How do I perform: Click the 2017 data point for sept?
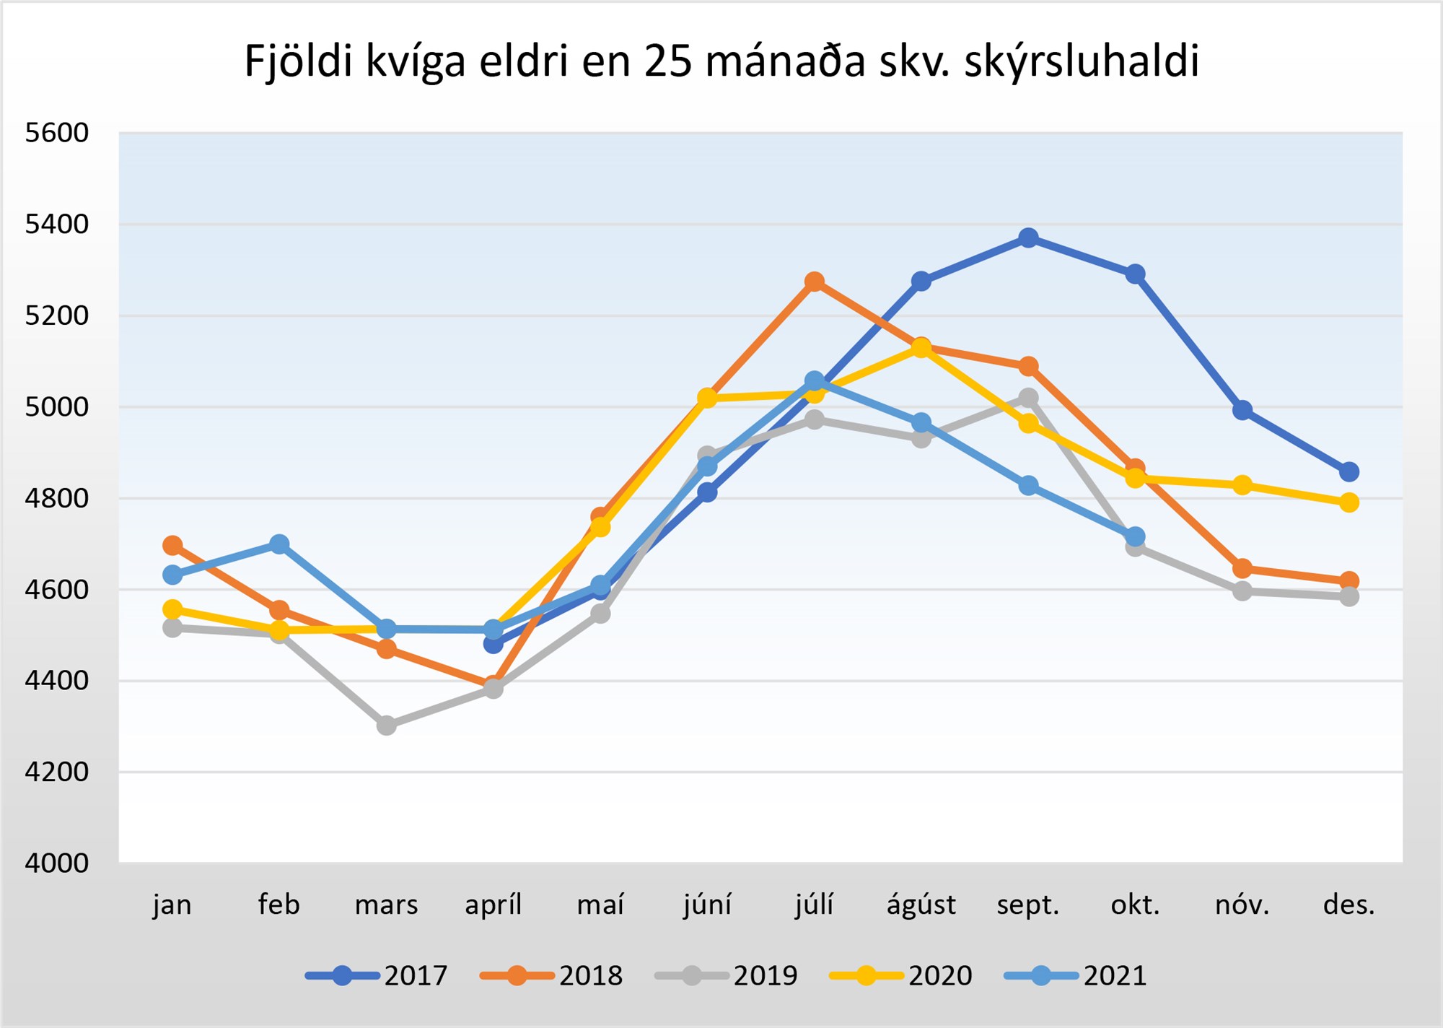[1028, 238]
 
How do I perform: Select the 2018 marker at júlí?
[815, 281]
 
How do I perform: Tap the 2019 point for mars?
[387, 725]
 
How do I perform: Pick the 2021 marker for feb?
[279, 544]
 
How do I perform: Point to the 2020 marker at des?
[1349, 502]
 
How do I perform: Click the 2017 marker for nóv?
[1242, 410]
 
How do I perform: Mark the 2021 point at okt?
[1135, 536]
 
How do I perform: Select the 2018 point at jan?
[172, 545]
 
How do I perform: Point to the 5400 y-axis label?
[56, 225]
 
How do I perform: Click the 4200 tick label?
[56, 772]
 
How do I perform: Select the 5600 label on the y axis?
[56, 133]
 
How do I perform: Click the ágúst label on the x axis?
[921, 905]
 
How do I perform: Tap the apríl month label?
[493, 905]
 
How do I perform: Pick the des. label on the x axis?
[1348, 905]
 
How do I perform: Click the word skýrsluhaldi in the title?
[1082, 61]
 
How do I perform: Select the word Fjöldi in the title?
[299, 61]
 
